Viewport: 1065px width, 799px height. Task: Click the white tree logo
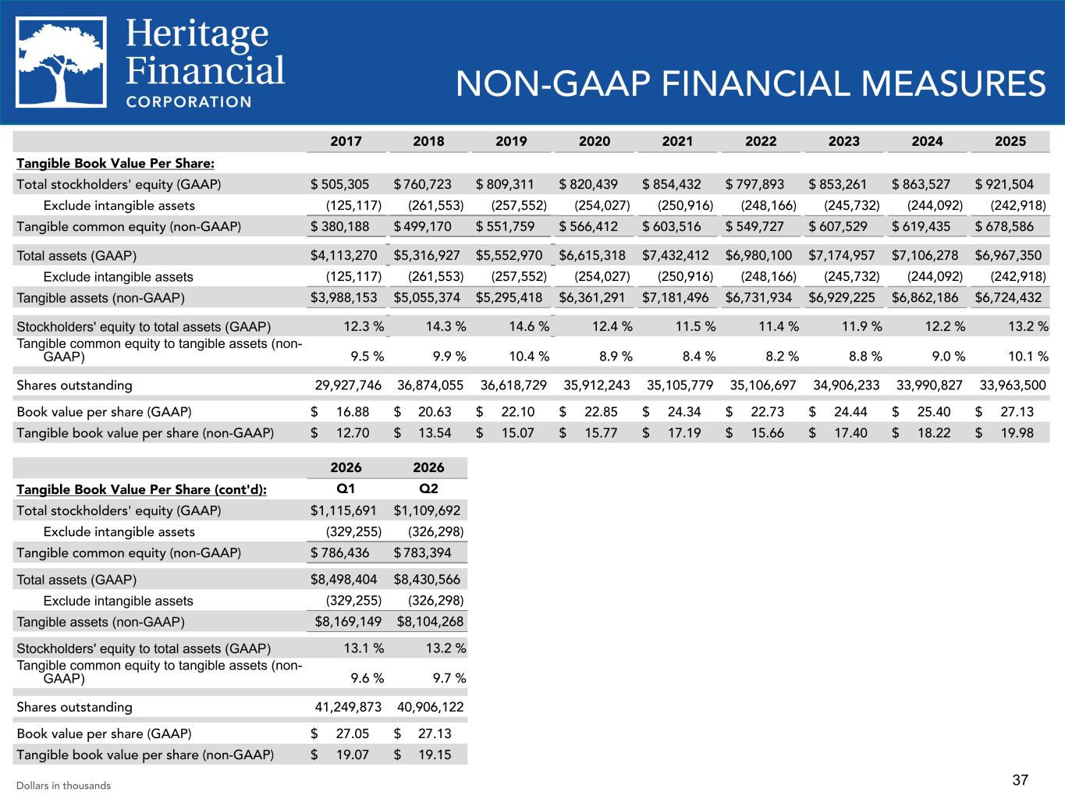pyautogui.click(x=61, y=62)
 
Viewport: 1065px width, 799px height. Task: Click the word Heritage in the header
pyautogui.click(x=197, y=34)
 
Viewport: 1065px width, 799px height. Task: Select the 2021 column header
pyautogui.click(x=677, y=141)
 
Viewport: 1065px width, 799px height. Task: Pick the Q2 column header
pyautogui.click(x=428, y=488)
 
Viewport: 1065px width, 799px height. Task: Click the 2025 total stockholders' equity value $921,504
pyautogui.click(x=1004, y=184)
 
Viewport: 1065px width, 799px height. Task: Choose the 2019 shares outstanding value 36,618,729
pyautogui.click(x=513, y=385)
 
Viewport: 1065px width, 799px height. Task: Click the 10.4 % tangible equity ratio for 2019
pyautogui.click(x=529, y=357)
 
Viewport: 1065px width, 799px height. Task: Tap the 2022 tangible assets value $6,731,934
pyautogui.click(x=758, y=297)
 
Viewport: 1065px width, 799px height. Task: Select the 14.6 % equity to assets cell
pyautogui.click(x=529, y=326)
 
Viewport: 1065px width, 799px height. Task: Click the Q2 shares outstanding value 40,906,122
pyautogui.click(x=431, y=707)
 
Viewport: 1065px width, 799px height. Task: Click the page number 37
pyautogui.click(x=1021, y=779)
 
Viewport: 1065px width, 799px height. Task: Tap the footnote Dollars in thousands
pyautogui.click(x=63, y=786)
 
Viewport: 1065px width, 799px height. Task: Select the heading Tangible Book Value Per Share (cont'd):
pyautogui.click(x=142, y=489)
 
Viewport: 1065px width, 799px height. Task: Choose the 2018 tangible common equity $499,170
pyautogui.click(x=422, y=226)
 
